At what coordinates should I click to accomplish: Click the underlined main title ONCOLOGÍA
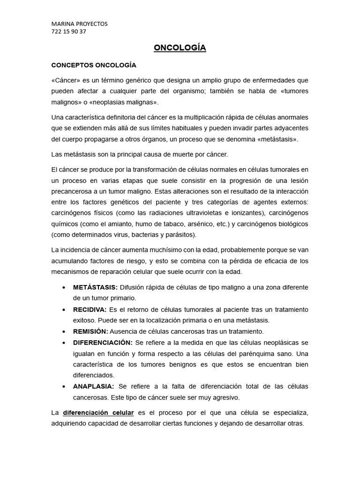(x=180, y=48)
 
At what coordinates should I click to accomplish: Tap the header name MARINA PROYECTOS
(x=79, y=24)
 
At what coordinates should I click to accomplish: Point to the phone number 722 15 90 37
(x=68, y=31)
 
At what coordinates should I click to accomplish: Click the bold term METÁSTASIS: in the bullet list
(x=95, y=287)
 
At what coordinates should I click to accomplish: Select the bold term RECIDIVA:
(x=90, y=309)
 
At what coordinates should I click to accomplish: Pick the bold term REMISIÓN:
(x=90, y=331)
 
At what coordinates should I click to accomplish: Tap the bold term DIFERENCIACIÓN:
(x=103, y=342)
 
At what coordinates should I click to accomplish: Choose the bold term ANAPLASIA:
(x=94, y=386)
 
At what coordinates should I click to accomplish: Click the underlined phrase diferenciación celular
(x=99, y=412)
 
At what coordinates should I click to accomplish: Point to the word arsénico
(x=200, y=224)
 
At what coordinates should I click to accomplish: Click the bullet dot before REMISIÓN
(x=63, y=331)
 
